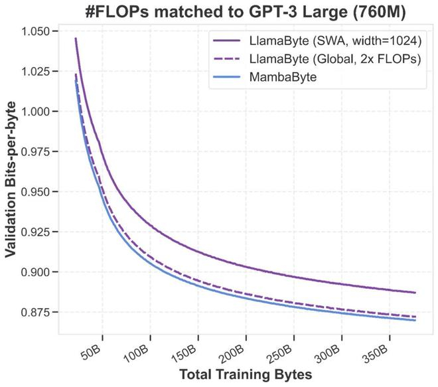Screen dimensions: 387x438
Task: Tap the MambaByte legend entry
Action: click(x=286, y=77)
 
